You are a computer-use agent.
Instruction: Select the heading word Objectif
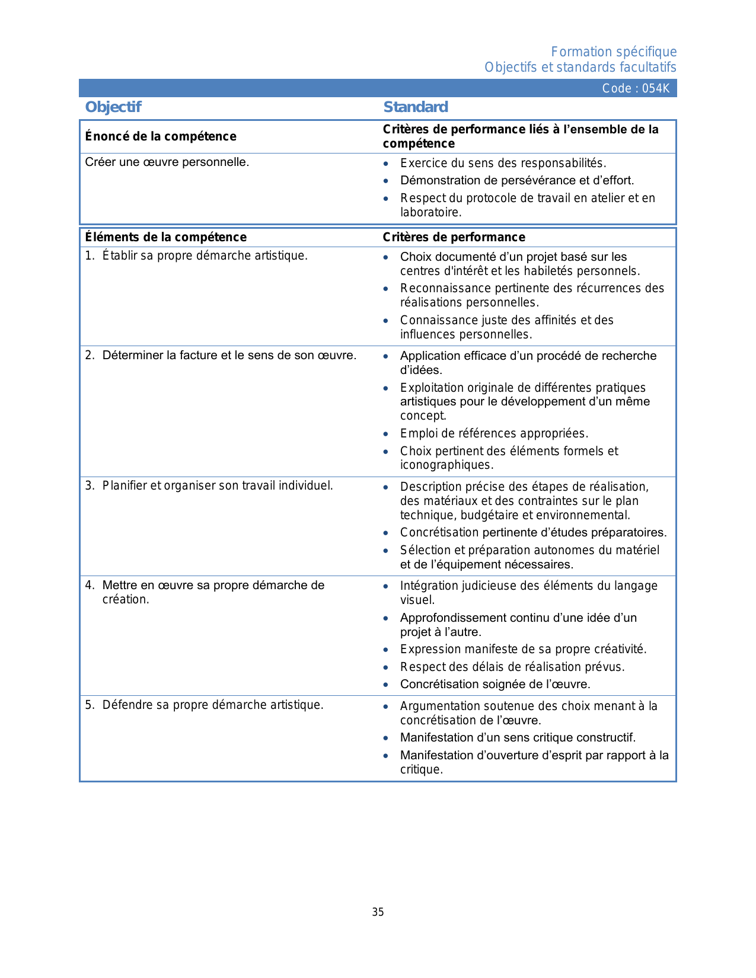(113, 107)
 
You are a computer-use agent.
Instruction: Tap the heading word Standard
(416, 107)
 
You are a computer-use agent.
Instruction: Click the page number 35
(378, 912)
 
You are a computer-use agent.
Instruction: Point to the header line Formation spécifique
(613, 52)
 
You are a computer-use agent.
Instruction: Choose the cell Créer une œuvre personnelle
(167, 162)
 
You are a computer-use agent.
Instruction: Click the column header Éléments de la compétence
(165, 237)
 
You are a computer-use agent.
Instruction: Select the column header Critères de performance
(454, 237)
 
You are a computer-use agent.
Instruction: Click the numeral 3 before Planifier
(89, 485)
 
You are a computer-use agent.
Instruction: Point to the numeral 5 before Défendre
(89, 705)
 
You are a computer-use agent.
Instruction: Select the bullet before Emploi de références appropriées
(386, 434)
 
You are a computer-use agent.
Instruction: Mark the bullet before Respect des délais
(386, 667)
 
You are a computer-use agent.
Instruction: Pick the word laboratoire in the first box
(430, 212)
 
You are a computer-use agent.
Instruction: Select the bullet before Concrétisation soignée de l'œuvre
(386, 685)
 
